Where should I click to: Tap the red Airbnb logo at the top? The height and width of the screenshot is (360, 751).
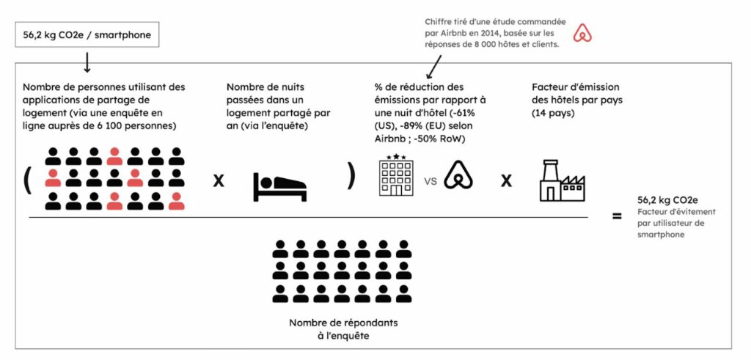pyautogui.click(x=582, y=34)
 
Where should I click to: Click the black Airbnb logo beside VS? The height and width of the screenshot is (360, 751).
pyautogui.click(x=458, y=175)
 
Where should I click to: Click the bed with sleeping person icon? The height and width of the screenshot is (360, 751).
pyautogui.click(x=279, y=185)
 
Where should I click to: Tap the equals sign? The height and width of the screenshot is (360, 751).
pyautogui.click(x=617, y=216)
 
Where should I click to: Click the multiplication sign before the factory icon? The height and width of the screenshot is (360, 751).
pyautogui.click(x=506, y=180)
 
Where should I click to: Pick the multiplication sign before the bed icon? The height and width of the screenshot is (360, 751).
pyautogui.click(x=218, y=180)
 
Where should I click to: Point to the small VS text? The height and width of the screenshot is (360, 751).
pyautogui.click(x=430, y=181)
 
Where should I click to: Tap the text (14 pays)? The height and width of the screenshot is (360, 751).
pyautogui.click(x=549, y=114)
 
